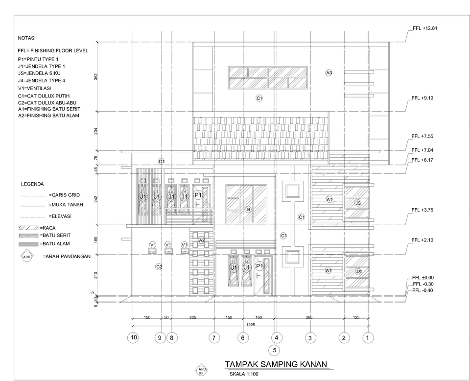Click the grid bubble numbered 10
[x=133, y=337]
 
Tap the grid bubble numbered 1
[x=368, y=337]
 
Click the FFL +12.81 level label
[x=424, y=28]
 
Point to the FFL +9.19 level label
[x=423, y=98]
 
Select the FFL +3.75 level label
[x=423, y=210]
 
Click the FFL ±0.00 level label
[x=423, y=278]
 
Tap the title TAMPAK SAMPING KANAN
[x=275, y=364]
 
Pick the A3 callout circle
[x=329, y=72]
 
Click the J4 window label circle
[x=248, y=210]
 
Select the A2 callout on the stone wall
[x=201, y=240]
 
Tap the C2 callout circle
[x=159, y=267]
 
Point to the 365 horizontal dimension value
[x=309, y=318]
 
